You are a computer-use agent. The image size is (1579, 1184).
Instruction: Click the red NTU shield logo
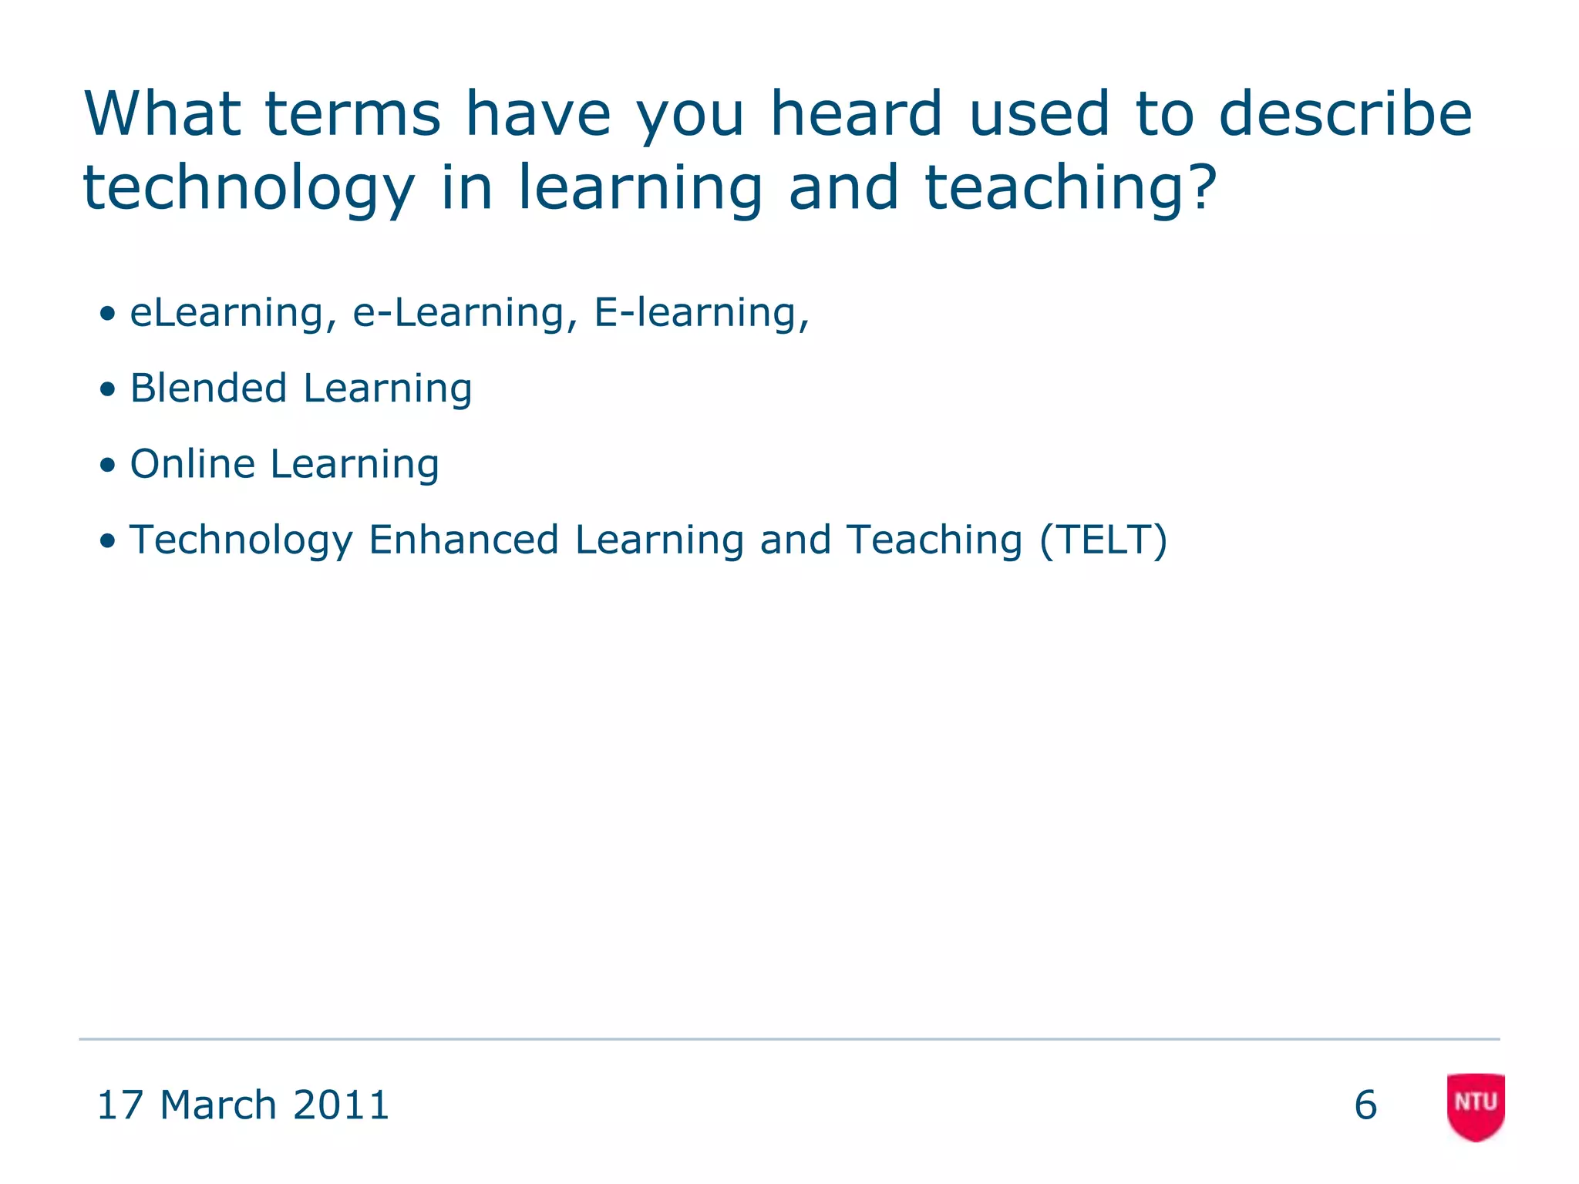(1476, 1105)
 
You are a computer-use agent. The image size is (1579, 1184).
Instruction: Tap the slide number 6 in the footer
(1365, 1105)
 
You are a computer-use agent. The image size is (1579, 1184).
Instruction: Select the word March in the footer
(218, 1105)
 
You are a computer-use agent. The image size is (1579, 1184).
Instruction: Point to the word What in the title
(162, 114)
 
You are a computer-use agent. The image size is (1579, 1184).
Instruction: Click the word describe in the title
(1345, 114)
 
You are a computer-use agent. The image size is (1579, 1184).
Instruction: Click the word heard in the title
(857, 114)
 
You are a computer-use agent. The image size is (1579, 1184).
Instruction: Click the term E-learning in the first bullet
(699, 314)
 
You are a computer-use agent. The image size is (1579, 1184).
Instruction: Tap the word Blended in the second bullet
(208, 388)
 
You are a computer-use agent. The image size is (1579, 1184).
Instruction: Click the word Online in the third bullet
(193, 464)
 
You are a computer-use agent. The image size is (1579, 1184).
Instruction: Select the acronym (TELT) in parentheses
(1103, 540)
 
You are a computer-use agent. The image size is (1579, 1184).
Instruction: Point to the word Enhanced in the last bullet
(463, 540)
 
